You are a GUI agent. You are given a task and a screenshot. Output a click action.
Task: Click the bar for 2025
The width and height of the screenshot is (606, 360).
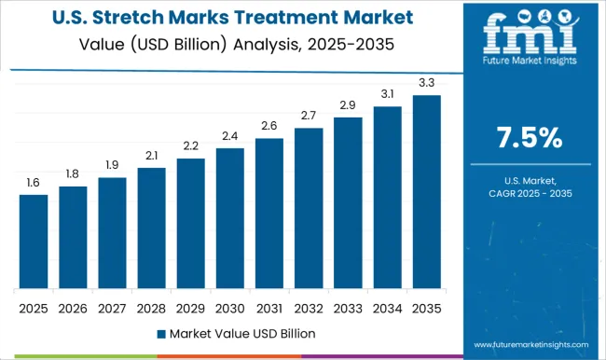point(34,241)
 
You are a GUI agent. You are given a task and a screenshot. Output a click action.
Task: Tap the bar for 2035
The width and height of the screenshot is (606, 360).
point(426,191)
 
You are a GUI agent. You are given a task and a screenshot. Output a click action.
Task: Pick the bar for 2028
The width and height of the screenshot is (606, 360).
point(151,228)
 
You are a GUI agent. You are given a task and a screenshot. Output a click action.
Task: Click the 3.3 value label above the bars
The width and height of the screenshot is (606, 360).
point(426,83)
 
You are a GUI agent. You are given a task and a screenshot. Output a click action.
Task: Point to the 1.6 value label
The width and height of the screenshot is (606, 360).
point(34,183)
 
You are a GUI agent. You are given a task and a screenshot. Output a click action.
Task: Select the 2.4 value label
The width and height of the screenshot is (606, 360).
point(229,136)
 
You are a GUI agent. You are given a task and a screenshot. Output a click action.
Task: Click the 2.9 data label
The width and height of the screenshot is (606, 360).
point(348,105)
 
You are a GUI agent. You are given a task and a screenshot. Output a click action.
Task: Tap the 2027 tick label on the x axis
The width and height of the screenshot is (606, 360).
point(112,307)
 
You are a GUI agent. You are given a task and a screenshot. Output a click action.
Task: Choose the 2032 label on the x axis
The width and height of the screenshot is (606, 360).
point(308,307)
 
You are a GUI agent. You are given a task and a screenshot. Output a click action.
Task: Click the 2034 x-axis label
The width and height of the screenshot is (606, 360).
point(387,307)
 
